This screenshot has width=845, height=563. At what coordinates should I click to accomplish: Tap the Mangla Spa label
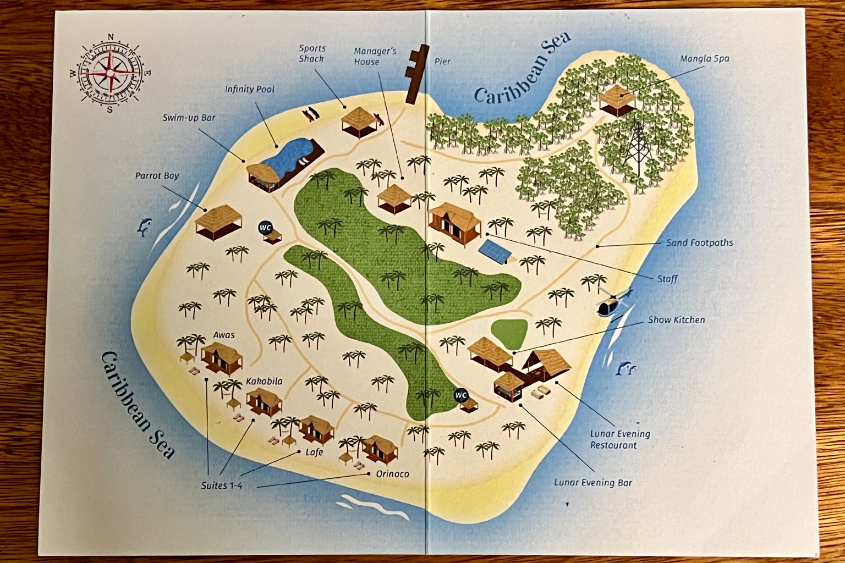(x=704, y=59)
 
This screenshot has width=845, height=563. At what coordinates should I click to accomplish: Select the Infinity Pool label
(x=249, y=89)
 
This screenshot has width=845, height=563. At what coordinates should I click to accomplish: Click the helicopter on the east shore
(x=611, y=303)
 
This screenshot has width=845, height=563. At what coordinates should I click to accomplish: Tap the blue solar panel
(x=494, y=251)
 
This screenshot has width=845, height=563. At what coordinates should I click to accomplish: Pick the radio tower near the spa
(x=637, y=147)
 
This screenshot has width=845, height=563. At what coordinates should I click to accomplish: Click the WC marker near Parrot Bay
(x=265, y=228)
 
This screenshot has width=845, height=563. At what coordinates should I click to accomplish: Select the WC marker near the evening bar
(x=460, y=395)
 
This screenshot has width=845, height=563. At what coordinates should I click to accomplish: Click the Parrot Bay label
(x=157, y=176)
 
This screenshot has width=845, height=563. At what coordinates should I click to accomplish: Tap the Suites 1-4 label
(x=221, y=485)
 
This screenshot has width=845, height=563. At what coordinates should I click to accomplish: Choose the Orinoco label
(x=392, y=474)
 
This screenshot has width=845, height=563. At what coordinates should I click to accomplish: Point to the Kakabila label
(x=264, y=381)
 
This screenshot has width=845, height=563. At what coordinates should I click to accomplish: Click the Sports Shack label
(x=312, y=54)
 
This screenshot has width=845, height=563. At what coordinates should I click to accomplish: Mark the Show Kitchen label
(x=676, y=320)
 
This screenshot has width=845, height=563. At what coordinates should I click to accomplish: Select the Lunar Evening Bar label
(x=592, y=483)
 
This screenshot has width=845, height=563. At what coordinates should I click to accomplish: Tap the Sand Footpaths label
(x=699, y=242)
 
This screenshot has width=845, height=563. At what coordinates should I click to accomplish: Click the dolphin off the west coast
(x=144, y=226)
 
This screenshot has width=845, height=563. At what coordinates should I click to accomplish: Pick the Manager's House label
(x=375, y=56)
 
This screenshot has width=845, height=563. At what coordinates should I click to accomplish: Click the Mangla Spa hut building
(x=617, y=100)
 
